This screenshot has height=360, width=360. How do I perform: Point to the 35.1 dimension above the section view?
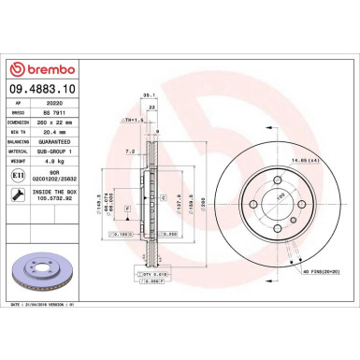pos(147,94)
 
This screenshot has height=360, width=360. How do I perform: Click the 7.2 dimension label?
pos(130,150)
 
